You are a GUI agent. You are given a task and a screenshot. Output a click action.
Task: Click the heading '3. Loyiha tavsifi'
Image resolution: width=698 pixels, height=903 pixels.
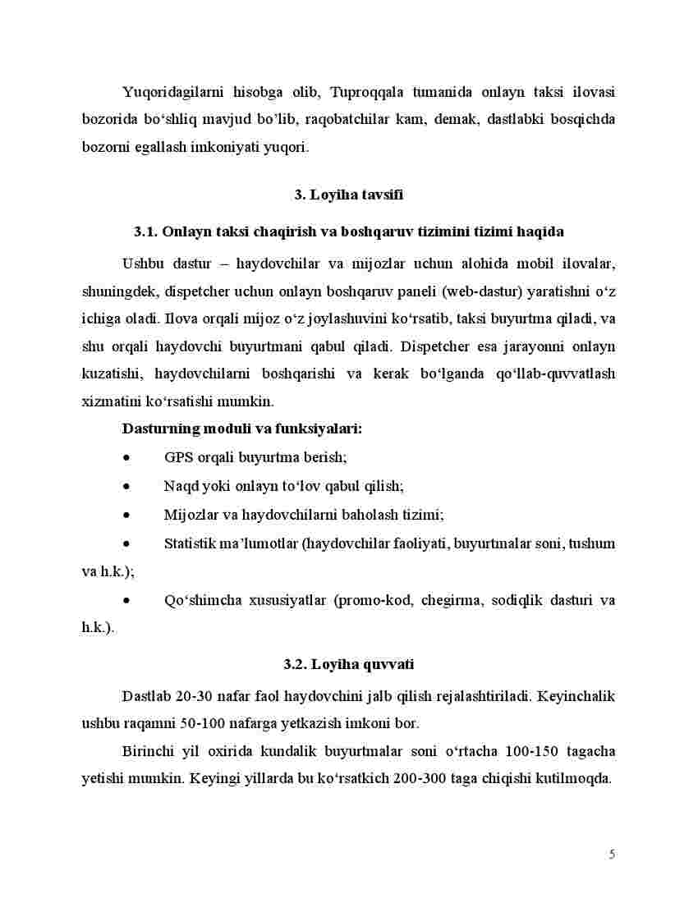tap(348, 195)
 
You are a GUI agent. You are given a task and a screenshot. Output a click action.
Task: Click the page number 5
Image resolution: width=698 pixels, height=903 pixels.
tap(612, 855)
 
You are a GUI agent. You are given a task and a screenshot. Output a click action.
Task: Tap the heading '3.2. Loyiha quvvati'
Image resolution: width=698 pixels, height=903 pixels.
tap(348, 663)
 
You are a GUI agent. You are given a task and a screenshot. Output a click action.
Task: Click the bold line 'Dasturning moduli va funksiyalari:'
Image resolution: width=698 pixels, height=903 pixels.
tap(241, 429)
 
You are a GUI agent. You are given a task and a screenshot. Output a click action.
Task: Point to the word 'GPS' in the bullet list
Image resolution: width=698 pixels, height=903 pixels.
tap(178, 457)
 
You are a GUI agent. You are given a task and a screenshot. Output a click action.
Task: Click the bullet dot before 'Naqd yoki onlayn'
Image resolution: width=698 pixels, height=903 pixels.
tap(126, 486)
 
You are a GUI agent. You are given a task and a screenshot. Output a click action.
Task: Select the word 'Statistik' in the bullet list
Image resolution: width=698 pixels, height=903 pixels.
tap(191, 543)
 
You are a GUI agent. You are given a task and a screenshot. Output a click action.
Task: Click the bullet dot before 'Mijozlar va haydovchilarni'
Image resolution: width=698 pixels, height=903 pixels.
tap(126, 515)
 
